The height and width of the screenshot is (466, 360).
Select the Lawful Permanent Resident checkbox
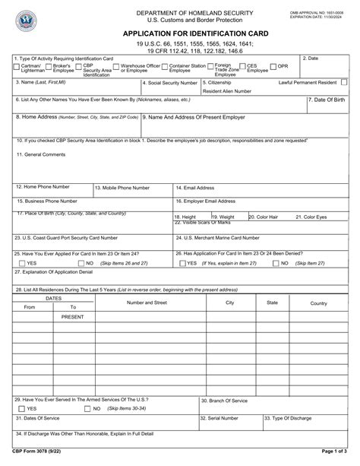pyautogui.click(x=346, y=81)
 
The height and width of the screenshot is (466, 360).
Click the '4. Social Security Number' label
pyautogui.click(x=172, y=81)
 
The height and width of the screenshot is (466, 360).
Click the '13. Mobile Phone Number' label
pyautogui.click(x=122, y=187)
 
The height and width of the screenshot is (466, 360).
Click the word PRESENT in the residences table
pyautogui.click(x=73, y=315)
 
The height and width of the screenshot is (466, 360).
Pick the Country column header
pyautogui.click(x=318, y=303)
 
